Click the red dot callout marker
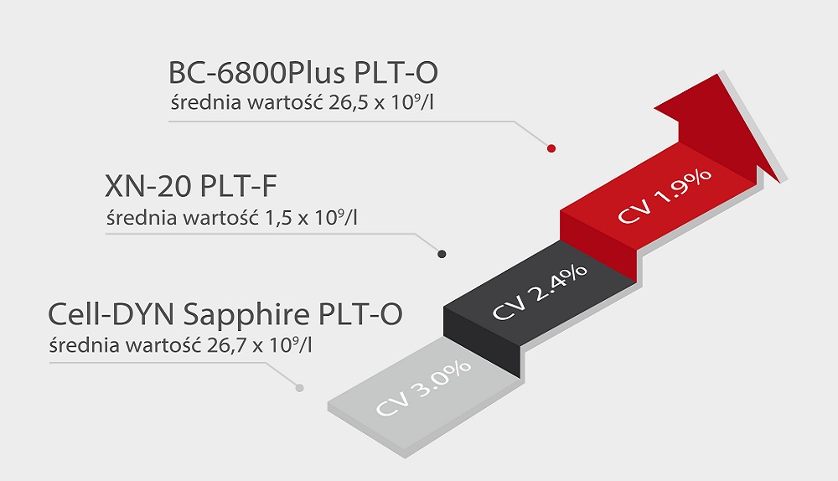pos(551,149)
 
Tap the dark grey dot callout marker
pos(442,254)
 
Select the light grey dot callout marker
pos(299,387)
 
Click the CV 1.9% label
pos(665,196)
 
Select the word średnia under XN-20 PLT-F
pos(137,219)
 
